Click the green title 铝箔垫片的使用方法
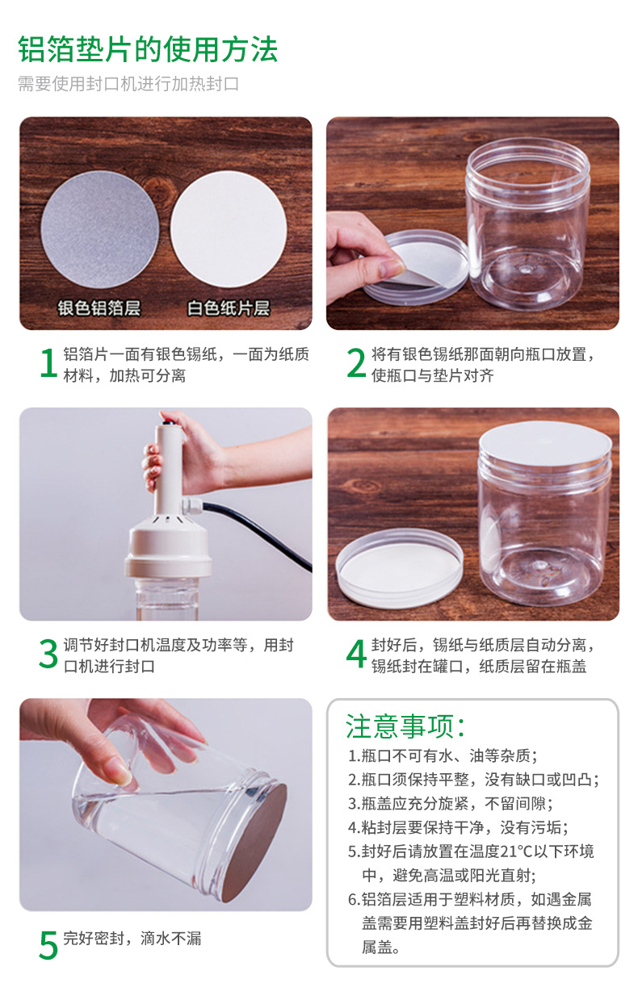[148, 49]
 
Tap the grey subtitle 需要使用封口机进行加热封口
[128, 83]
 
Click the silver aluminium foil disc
[100, 230]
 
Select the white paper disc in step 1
[229, 229]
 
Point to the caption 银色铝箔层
[99, 308]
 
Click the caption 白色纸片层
[229, 308]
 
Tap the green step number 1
[48, 363]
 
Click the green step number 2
[356, 363]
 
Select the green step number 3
[48, 654]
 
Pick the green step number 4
[356, 654]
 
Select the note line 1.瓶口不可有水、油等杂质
[443, 755]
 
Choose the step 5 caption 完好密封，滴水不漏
[132, 939]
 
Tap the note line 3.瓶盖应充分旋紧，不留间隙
[451, 804]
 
